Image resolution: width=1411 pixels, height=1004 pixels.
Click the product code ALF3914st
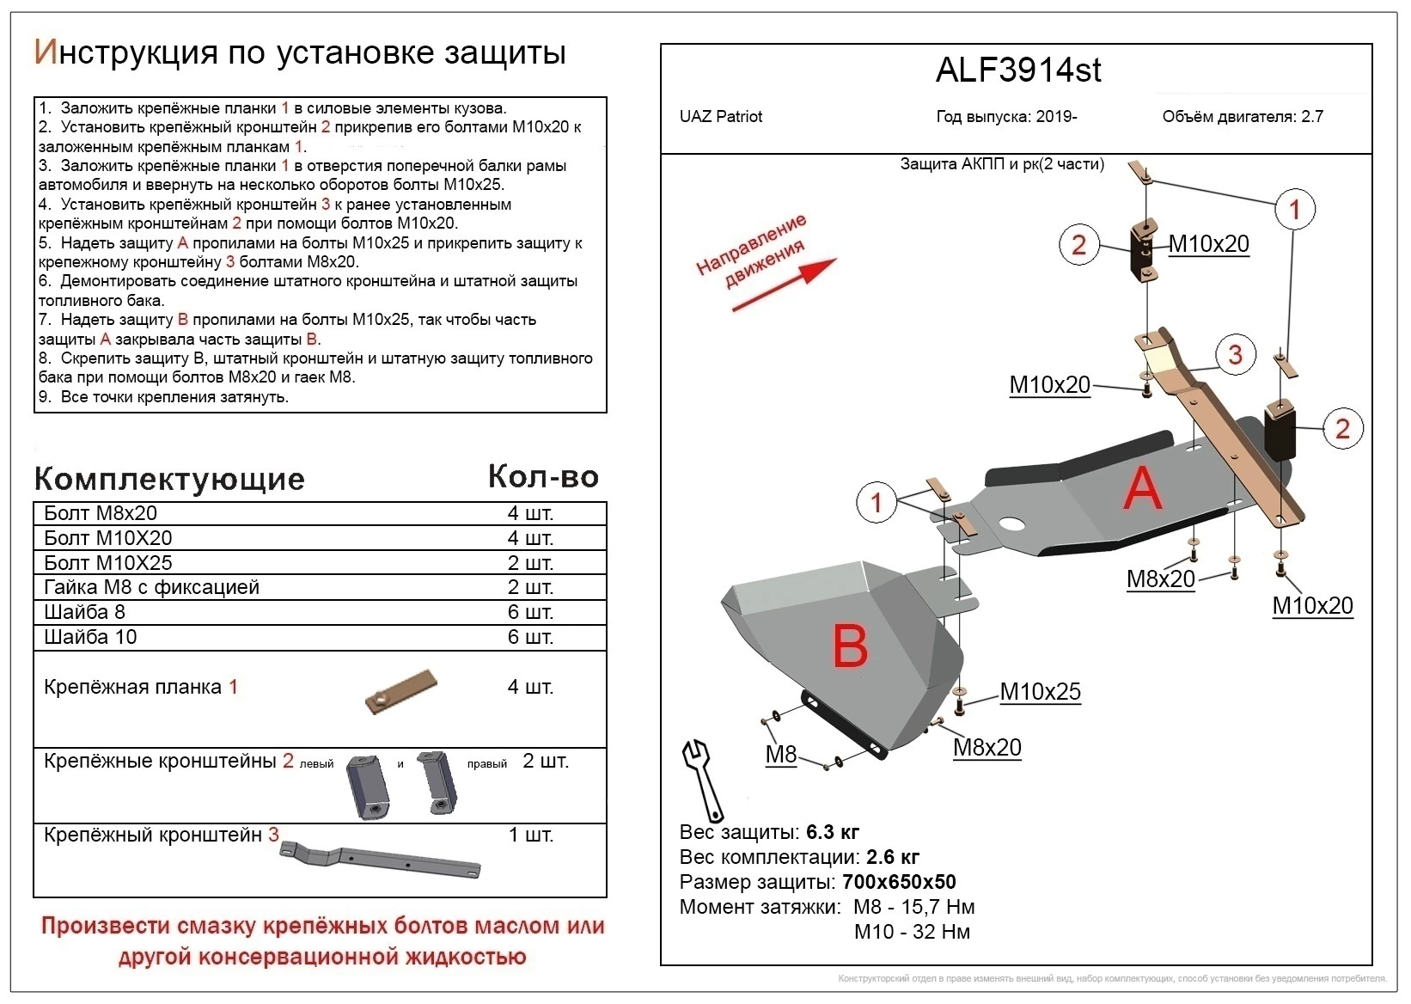click(1017, 70)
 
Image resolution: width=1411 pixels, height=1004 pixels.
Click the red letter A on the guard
click(1142, 489)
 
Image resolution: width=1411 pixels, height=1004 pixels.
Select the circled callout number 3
click(1235, 354)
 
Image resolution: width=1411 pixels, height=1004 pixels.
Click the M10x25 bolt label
click(1040, 692)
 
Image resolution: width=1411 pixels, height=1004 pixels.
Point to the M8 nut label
click(780, 755)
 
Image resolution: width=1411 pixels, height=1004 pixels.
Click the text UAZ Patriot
click(720, 117)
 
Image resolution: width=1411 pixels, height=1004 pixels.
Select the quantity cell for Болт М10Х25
click(530, 563)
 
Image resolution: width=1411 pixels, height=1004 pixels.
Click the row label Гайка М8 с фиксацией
click(151, 588)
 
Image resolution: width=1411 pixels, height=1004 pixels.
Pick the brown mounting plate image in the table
click(401, 692)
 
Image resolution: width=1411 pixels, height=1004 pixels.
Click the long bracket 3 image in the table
click(381, 860)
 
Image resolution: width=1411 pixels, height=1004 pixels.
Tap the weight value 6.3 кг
click(832, 832)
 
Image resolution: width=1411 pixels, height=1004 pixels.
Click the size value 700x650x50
click(899, 882)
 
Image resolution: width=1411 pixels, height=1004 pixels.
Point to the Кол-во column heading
click(543, 477)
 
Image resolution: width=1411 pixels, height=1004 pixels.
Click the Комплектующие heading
click(169, 480)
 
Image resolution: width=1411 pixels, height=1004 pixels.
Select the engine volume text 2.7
click(1311, 117)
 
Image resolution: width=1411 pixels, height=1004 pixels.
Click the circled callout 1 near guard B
click(876, 502)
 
